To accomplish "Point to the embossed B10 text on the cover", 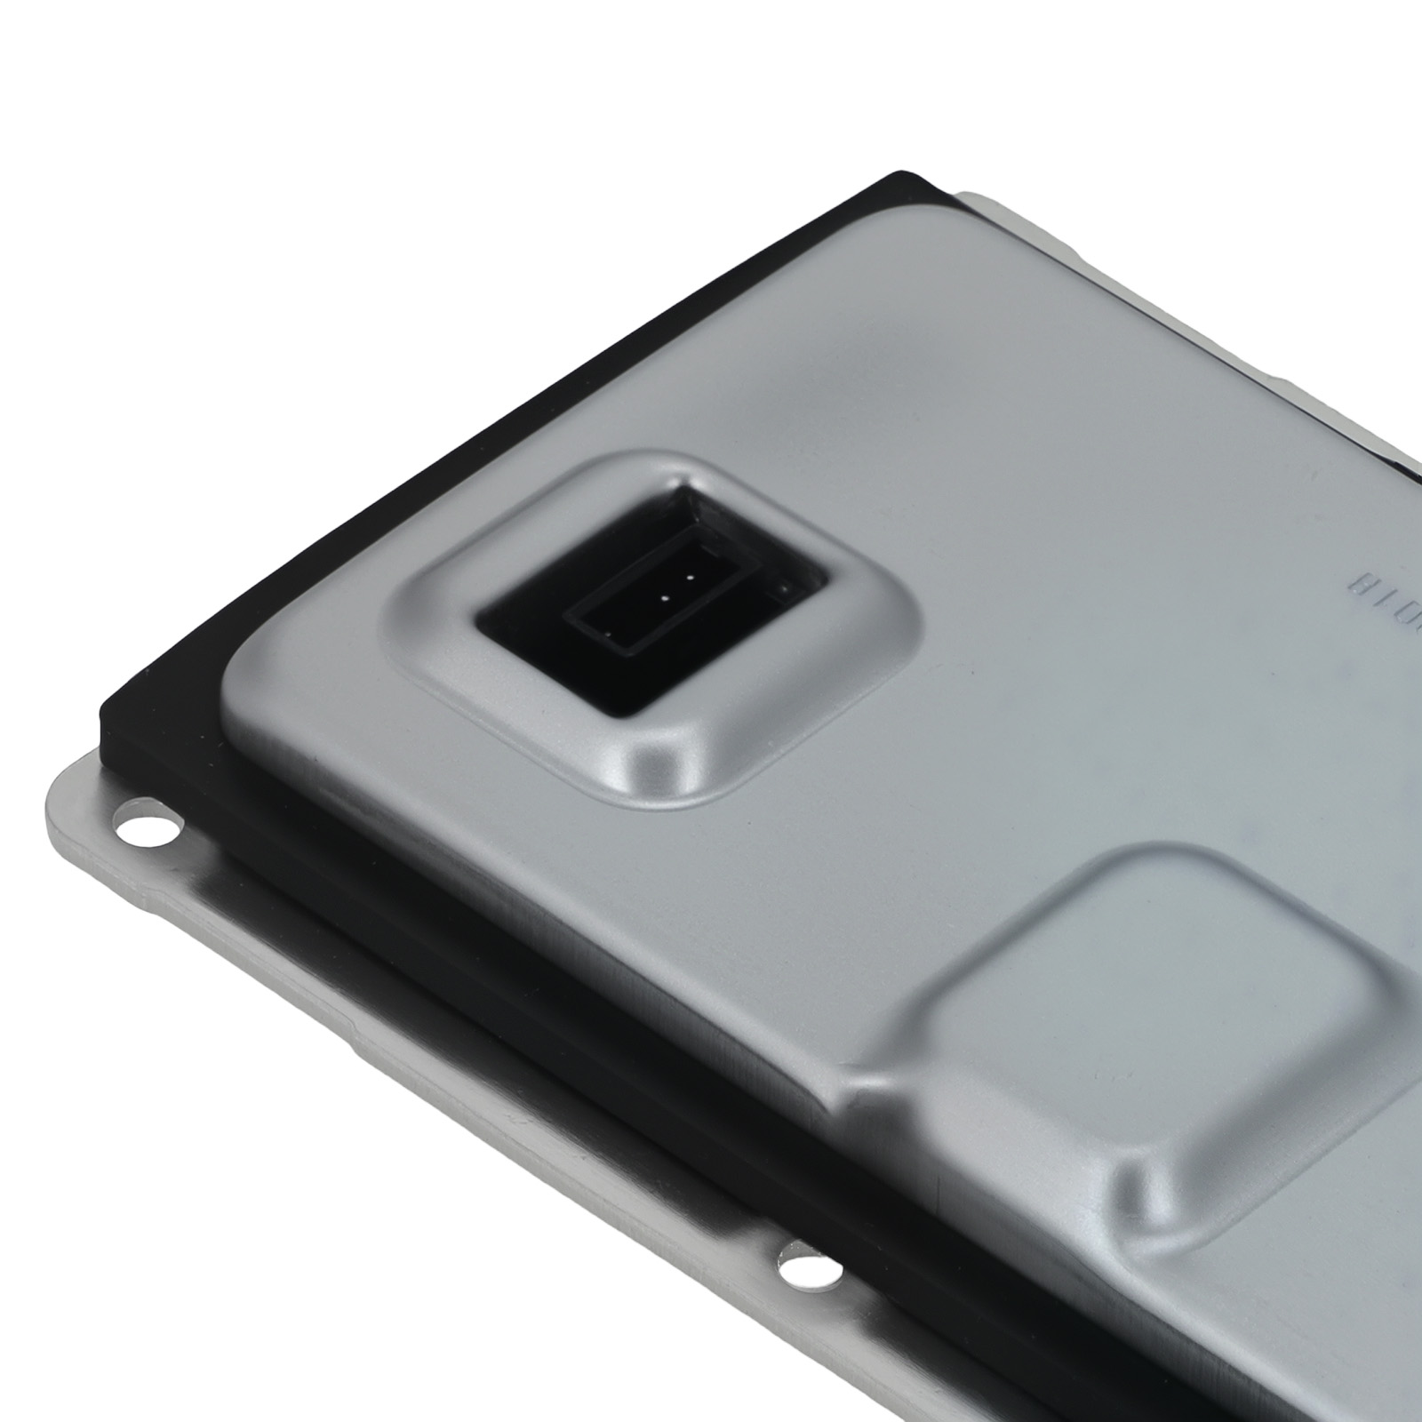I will point(1382,585).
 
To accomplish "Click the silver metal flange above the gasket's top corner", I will point(987,200).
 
